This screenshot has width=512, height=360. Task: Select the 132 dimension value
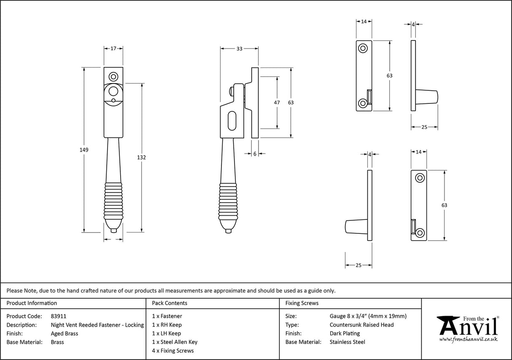tap(141, 157)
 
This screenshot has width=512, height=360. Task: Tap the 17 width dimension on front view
tap(113, 49)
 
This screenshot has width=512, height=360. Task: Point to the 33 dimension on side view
tap(239, 49)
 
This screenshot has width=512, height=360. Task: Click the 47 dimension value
tap(277, 103)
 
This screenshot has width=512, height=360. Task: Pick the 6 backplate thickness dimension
tap(255, 154)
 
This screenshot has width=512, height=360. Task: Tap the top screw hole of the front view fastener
tap(113, 77)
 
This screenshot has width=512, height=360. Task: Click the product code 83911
tap(59, 316)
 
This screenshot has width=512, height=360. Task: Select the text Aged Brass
tap(64, 333)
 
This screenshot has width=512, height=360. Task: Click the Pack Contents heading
tap(170, 303)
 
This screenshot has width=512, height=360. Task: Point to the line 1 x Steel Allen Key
tap(175, 342)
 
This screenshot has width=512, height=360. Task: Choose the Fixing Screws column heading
tap(302, 303)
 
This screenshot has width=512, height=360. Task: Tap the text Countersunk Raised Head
tap(361, 325)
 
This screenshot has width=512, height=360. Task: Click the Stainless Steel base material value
tap(347, 342)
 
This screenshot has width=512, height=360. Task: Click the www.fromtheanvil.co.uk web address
tap(468, 339)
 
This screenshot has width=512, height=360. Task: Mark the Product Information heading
tap(32, 303)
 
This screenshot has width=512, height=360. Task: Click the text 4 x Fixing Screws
tap(173, 351)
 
